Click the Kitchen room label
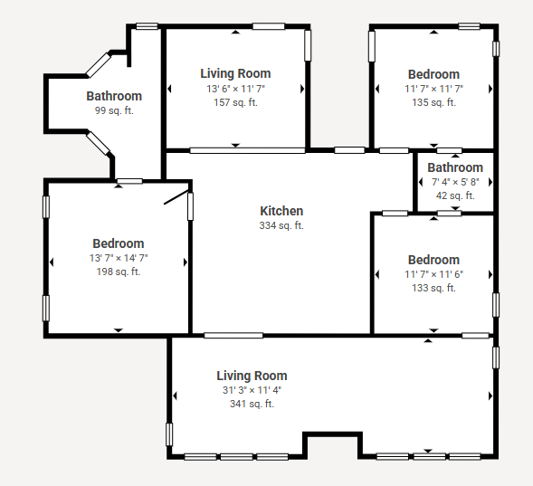pos(281,211)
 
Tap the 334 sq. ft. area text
pos(281,225)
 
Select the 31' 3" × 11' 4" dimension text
pos(252,390)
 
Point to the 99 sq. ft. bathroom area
pos(114,110)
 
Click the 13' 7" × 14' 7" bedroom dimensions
pos(119,258)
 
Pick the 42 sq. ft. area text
pos(455,195)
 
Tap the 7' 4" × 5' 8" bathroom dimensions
pos(455,182)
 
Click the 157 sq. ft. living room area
pos(235,102)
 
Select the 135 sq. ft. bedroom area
pos(433,102)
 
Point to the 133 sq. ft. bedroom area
pos(433,288)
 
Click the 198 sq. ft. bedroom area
pos(119,272)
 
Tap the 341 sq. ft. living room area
pos(252,404)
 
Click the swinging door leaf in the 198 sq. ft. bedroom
pos(176,197)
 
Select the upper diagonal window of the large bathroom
pos(99,64)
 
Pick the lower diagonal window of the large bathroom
pos(99,143)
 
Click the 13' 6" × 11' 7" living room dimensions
pos(235,89)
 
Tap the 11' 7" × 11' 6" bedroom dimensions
pos(433,274)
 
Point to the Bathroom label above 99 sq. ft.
pos(114,96)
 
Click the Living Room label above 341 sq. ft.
pos(252,376)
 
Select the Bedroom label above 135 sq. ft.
pos(433,74)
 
